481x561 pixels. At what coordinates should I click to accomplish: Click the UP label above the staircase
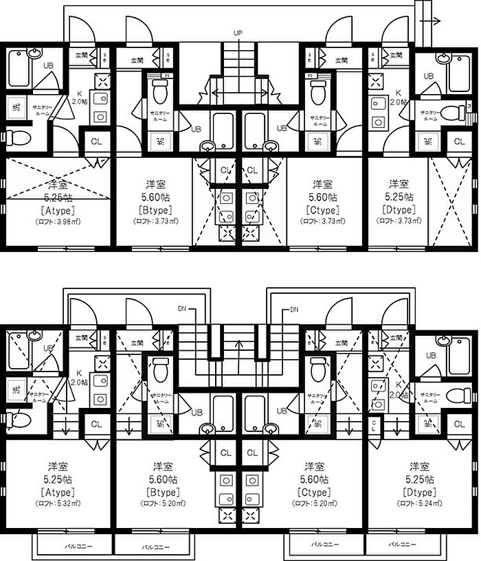pos(238,32)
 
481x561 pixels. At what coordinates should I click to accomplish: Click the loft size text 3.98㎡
pos(58,222)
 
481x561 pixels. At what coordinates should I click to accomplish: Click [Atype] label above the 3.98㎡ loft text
pos(58,210)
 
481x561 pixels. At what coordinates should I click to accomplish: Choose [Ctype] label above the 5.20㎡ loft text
pos(315,492)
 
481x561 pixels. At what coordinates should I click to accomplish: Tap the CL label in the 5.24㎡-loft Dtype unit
pos(459,424)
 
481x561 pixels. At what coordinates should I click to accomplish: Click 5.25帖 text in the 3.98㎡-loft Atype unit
pos(58,197)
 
